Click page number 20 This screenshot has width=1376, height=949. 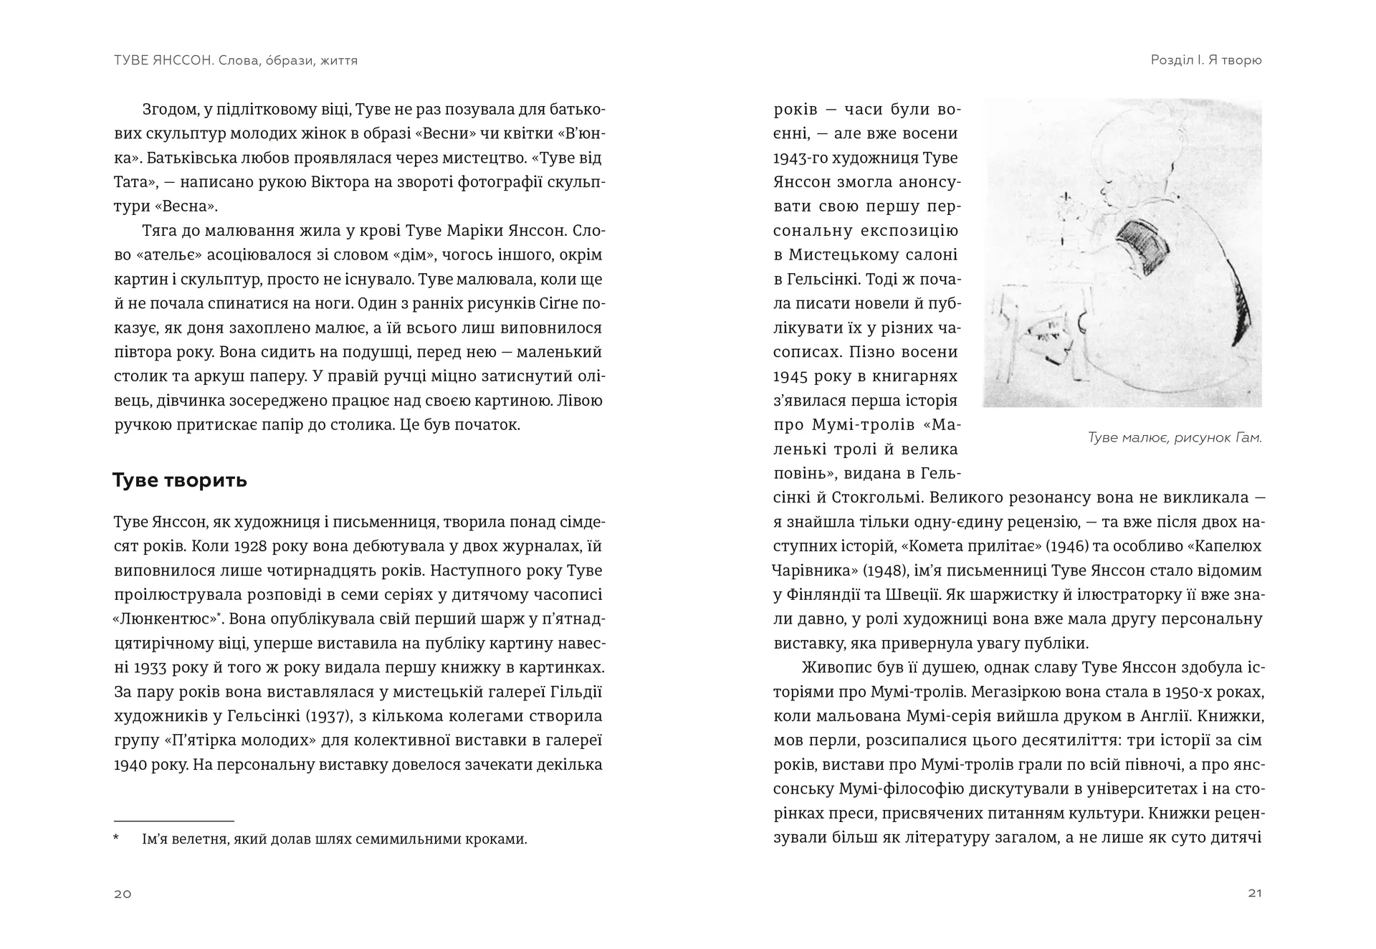[123, 893]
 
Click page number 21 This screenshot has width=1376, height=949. [1254, 892]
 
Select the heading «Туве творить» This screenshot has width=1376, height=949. [180, 480]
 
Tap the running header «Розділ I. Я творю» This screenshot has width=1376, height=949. [1206, 60]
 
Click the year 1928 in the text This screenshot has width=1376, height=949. [251, 546]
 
